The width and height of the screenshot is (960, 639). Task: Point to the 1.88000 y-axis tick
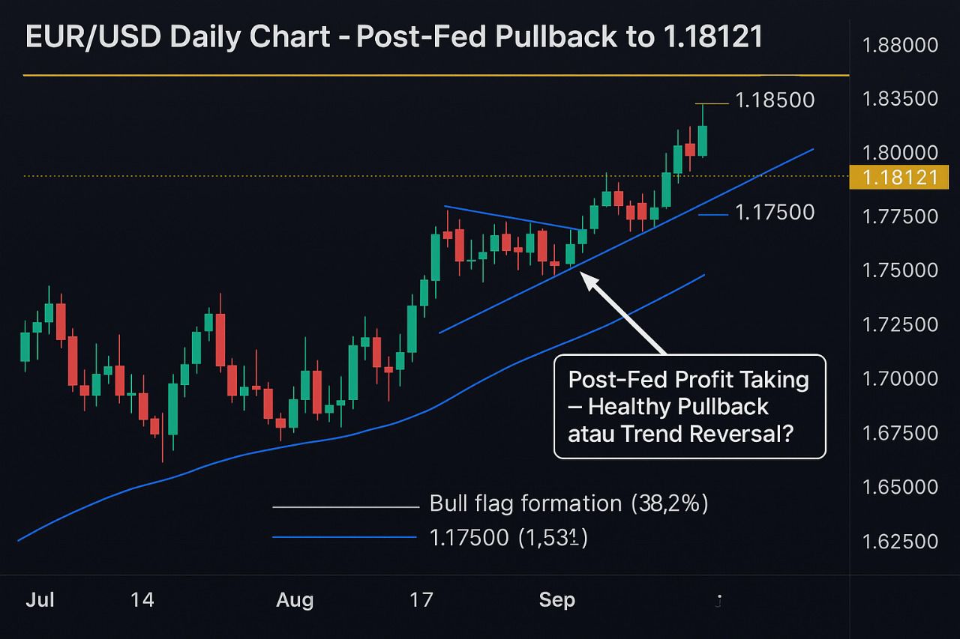pos(900,46)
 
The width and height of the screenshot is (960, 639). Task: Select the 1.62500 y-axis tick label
pos(900,541)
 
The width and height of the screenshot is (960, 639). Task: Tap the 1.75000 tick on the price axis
pos(900,270)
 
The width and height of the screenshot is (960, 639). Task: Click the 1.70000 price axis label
pos(900,379)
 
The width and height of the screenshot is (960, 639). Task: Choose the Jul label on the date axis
pos(40,600)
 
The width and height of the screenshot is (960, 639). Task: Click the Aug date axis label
pos(295,600)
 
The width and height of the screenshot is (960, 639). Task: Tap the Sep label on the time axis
pos(557,600)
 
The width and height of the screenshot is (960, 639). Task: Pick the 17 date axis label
pos(421,600)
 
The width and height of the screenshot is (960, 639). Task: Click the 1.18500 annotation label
pos(775,100)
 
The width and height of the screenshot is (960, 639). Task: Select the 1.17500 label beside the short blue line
pos(775,213)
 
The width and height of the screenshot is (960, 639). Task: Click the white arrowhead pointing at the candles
pos(590,280)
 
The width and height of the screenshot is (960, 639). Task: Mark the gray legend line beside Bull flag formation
pos(345,507)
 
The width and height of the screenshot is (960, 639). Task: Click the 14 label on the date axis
pos(142,600)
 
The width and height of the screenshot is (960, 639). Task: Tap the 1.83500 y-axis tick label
pos(900,100)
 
